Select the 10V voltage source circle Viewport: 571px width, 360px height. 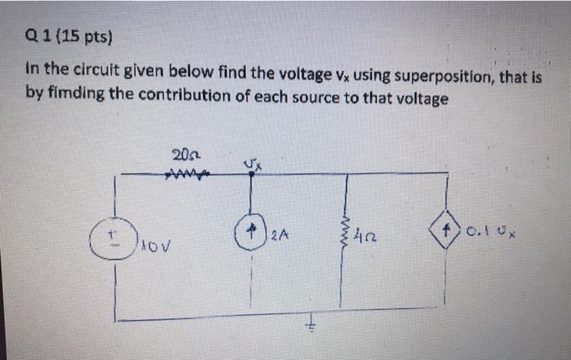[x=114, y=237]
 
